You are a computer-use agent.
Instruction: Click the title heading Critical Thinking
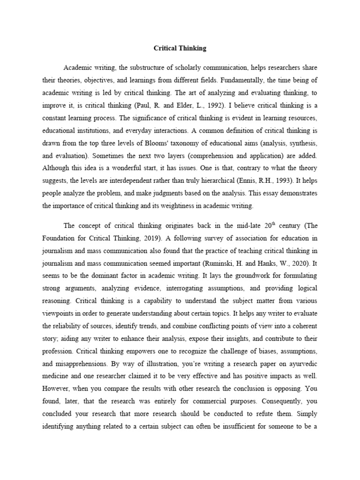point(180,48)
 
